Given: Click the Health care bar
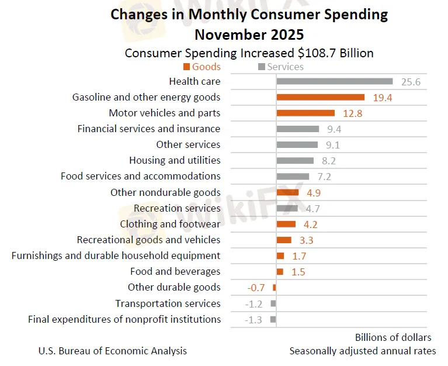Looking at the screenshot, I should point(334,81).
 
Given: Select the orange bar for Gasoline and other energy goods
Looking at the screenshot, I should point(320,97).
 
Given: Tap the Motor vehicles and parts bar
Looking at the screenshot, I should point(305,113).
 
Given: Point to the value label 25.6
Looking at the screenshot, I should point(411,82).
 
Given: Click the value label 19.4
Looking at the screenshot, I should point(382,98).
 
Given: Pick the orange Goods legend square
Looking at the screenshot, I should point(186,67).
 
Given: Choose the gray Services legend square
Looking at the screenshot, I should point(261,67).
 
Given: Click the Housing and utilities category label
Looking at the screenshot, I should point(175,160).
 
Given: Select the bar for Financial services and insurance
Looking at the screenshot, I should point(297,129).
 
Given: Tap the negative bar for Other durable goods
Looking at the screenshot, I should point(274,287).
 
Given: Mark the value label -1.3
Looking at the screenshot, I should point(254,319).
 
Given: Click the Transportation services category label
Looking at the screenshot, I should point(168,303).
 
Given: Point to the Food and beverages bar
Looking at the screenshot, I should point(280,271).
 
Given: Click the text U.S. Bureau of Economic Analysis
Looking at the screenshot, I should point(113,351).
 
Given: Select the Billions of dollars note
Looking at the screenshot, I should point(393,337).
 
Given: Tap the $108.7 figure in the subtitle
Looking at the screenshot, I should point(315,53).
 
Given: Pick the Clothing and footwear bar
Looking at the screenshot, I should point(286,224).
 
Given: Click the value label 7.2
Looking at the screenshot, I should point(324,177).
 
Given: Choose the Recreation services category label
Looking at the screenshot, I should point(177,208).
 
